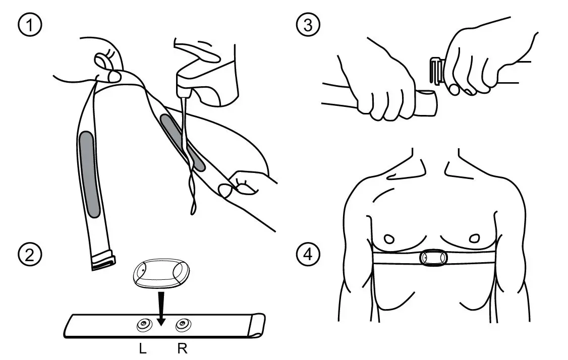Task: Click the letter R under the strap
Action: click(x=182, y=349)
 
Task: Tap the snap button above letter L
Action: click(x=144, y=326)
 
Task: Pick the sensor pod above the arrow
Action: click(x=161, y=275)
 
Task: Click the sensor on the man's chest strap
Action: click(x=433, y=258)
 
